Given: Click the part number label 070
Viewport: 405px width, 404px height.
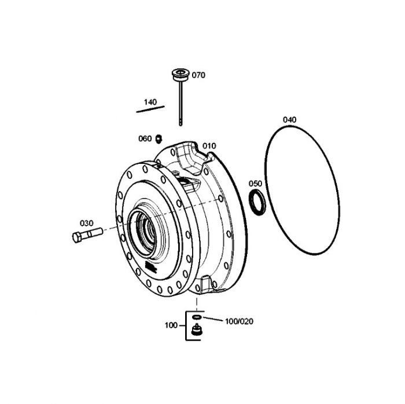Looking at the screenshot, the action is (198, 75).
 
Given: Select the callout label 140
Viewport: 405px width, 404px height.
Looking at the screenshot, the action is (150, 102).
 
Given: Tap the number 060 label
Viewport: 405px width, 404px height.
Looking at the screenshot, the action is (145, 139).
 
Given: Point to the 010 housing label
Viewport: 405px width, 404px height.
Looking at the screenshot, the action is (209, 146).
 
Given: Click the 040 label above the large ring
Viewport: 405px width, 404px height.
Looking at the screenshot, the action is (289, 120).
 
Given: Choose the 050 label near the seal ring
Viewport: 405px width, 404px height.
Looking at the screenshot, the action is (255, 183).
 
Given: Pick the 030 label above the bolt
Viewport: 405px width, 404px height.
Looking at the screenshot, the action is (87, 223).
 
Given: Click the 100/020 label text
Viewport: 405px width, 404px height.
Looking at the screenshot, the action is (239, 321).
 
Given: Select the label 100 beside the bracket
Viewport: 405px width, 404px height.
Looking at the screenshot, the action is (171, 325).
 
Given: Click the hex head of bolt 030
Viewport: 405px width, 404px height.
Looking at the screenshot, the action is (77, 237).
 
